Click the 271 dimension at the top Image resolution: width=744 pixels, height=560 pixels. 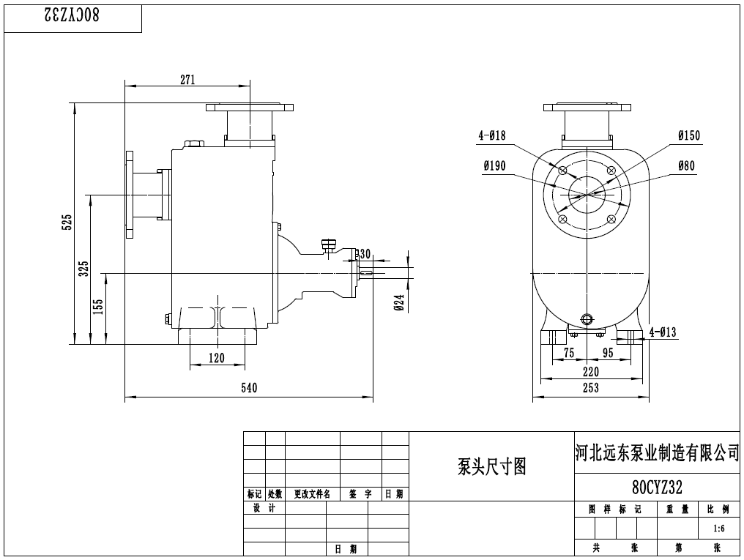click(187, 81)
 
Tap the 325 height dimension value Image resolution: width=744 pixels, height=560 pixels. click(83, 269)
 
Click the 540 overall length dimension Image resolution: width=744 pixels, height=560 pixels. click(249, 388)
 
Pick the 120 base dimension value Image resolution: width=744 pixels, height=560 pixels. click(217, 358)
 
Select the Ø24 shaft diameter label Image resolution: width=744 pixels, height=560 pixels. click(399, 302)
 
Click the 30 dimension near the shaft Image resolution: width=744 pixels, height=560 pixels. click(365, 254)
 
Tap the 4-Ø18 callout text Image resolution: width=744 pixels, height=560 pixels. click(492, 135)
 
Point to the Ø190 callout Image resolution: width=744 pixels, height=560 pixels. click(494, 166)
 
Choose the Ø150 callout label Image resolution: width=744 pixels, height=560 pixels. click(688, 135)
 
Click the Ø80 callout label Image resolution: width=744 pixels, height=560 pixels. click(686, 166)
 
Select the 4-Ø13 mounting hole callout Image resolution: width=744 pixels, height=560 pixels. click(663, 333)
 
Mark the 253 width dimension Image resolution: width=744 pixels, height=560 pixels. click(591, 388)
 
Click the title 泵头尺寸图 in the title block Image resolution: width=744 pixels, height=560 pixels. click(491, 466)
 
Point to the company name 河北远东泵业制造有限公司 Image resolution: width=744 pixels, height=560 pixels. click(657, 454)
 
